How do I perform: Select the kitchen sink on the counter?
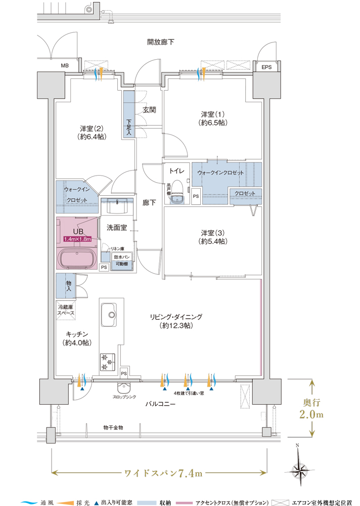pyautogui.click(x=109, y=315)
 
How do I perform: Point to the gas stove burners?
pyautogui.click(x=108, y=360)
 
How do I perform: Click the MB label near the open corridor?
pyautogui.click(x=65, y=66)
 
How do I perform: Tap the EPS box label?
pyautogui.click(x=266, y=67)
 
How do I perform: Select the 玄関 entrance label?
pyautogui.click(x=149, y=110)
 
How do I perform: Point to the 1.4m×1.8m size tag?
pyautogui.click(x=77, y=239)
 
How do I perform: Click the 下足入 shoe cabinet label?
pyautogui.click(x=129, y=127)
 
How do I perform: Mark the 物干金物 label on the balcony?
pyautogui.click(x=113, y=428)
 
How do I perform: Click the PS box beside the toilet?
pyautogui.click(x=196, y=195)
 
